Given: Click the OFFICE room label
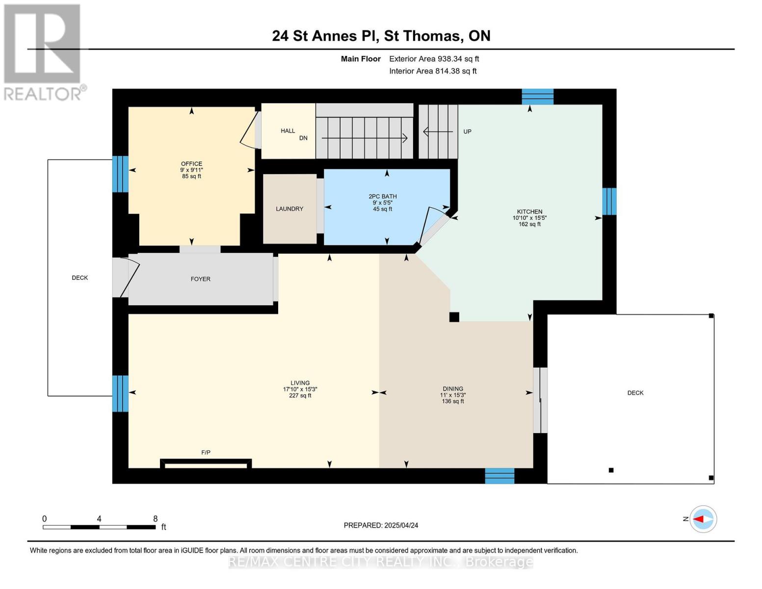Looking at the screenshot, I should [x=191, y=164].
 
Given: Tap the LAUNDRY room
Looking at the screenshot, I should [x=289, y=209].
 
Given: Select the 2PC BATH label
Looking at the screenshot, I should [x=383, y=196].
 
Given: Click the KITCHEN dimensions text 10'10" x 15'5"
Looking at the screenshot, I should [x=529, y=218].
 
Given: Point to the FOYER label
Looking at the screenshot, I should [x=200, y=279].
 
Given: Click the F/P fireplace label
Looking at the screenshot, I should [x=206, y=453].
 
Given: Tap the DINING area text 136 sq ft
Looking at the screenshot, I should [x=452, y=402].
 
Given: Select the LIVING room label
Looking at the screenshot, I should [x=300, y=383].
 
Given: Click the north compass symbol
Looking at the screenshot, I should [x=703, y=519].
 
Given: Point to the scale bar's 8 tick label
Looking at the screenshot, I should [x=155, y=519].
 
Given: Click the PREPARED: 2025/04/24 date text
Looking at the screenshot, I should [x=381, y=525].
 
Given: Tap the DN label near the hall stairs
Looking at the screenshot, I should [x=303, y=138].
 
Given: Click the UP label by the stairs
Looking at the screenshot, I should [x=467, y=132].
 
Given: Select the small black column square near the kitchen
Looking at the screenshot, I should [x=454, y=317].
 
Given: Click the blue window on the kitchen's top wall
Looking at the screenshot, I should [x=537, y=97].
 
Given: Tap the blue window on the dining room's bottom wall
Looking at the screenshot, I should [x=499, y=476].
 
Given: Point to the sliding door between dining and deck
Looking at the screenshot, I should [x=540, y=400].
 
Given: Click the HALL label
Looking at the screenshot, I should [x=288, y=131].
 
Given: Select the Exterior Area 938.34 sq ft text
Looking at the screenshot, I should [x=434, y=59].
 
